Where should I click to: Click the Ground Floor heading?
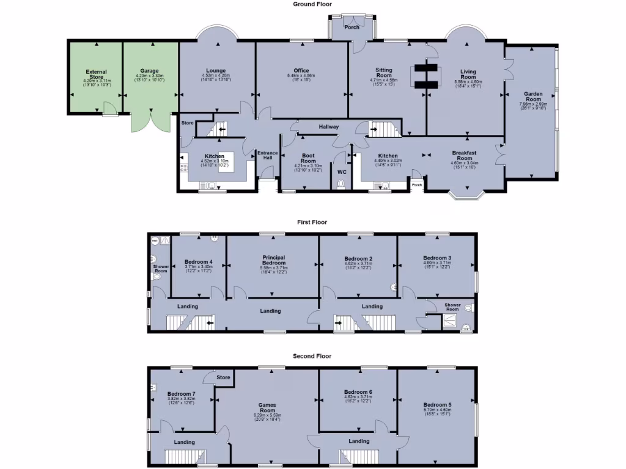[x=312, y=4]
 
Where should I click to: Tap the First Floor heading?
[x=312, y=222]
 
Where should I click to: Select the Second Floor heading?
[x=312, y=356]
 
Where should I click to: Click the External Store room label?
[x=96, y=75]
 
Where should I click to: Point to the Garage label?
[x=149, y=71]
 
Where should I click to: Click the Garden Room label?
[x=533, y=96]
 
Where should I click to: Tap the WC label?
[x=342, y=172]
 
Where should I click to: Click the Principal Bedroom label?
[x=273, y=260]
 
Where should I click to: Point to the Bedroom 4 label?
[x=198, y=262]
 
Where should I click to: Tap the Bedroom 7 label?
[x=181, y=394]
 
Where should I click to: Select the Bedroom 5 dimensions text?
[x=436, y=413]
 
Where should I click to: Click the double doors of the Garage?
[x=150, y=122]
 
